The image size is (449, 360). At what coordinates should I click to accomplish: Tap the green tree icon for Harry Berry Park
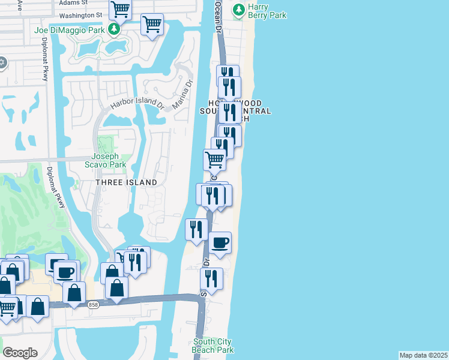tap(239, 9)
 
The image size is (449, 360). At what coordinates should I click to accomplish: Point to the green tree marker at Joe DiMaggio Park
tap(113, 29)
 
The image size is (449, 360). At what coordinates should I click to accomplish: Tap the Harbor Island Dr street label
tap(137, 103)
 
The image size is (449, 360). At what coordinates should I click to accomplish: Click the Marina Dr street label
tap(183, 94)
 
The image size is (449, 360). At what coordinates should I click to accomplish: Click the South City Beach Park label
tap(213, 346)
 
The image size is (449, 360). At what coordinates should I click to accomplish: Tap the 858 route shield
tap(92, 305)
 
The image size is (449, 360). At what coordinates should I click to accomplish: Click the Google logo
tap(20, 352)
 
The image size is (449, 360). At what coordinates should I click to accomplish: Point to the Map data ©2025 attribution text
tap(423, 355)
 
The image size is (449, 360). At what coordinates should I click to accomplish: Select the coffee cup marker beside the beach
tap(220, 242)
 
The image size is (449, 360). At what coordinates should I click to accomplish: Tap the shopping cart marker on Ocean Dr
tap(214, 160)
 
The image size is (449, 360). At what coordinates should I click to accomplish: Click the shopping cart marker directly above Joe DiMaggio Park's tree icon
tap(120, 10)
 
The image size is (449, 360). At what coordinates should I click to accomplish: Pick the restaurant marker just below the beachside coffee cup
tap(211, 278)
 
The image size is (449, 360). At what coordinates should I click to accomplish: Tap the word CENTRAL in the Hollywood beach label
tap(253, 111)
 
